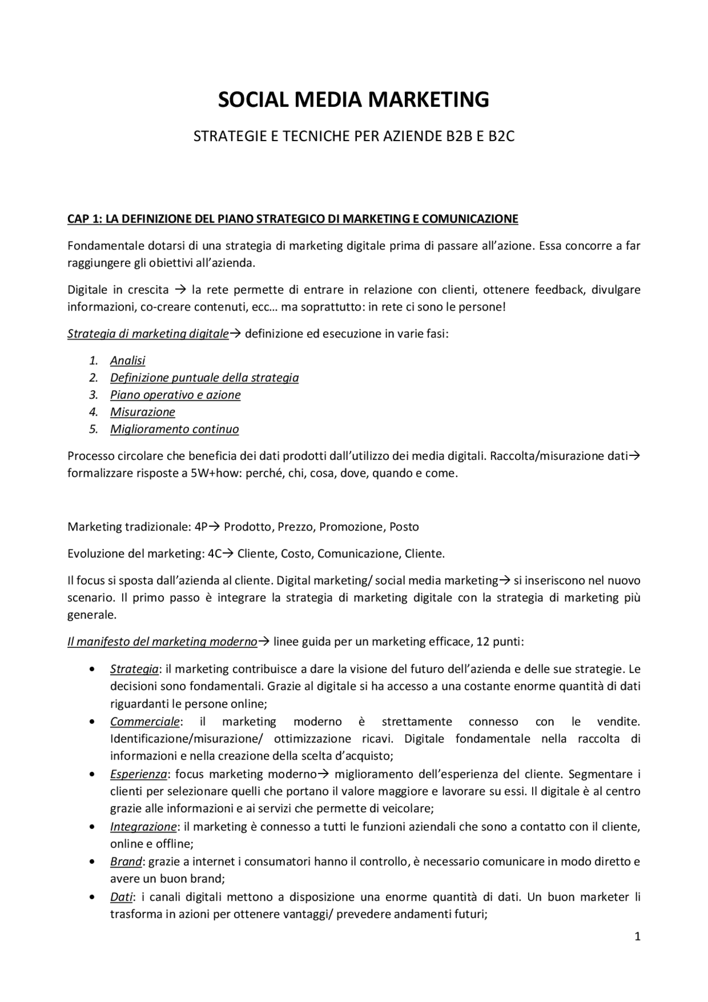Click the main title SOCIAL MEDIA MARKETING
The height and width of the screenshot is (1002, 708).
[353, 100]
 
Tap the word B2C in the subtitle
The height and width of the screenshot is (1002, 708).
[501, 137]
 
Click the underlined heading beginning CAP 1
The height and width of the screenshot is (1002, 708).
[293, 219]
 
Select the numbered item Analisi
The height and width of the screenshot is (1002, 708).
[127, 361]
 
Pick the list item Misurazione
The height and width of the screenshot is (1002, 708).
[142, 412]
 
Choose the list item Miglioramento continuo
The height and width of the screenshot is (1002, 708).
[174, 429]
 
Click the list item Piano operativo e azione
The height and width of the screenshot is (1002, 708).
[175, 395]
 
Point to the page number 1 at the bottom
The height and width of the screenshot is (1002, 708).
[637, 937]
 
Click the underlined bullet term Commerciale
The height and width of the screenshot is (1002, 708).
[144, 721]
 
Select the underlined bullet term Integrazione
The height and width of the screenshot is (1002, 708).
[143, 827]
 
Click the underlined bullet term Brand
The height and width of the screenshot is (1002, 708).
[126, 861]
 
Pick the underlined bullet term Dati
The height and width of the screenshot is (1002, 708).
[121, 897]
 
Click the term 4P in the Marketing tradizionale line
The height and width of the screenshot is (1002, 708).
[201, 527]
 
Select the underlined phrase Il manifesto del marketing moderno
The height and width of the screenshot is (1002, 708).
[162, 642]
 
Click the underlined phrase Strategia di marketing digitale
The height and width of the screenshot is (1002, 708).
[148, 334]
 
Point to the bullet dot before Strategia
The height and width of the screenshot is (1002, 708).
[91, 669]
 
